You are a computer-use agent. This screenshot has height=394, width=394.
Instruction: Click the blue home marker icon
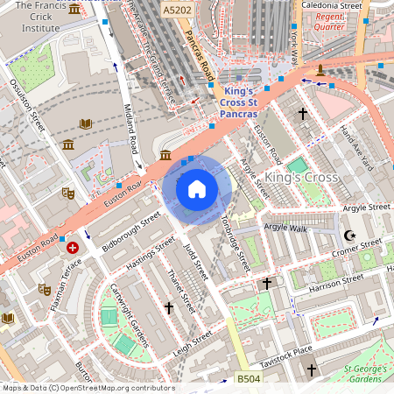(197, 189)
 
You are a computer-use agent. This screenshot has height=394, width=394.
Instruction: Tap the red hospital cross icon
(73, 248)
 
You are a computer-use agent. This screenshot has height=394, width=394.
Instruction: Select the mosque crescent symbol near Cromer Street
(349, 236)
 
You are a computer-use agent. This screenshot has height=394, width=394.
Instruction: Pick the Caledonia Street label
(331, 5)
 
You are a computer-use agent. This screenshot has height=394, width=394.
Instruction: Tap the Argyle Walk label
(286, 228)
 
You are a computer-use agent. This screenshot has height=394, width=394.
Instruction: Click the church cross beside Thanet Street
(169, 307)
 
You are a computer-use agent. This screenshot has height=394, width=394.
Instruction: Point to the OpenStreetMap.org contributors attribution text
(118, 388)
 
